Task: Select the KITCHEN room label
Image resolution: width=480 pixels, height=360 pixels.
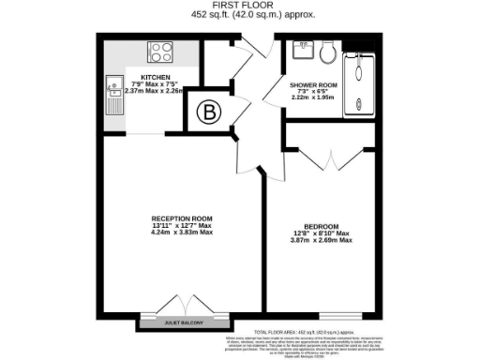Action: click(x=155, y=78)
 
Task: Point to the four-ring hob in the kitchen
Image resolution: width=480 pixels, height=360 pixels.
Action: click(x=157, y=51)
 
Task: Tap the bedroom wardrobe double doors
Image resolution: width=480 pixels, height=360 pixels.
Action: click(x=322, y=157)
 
